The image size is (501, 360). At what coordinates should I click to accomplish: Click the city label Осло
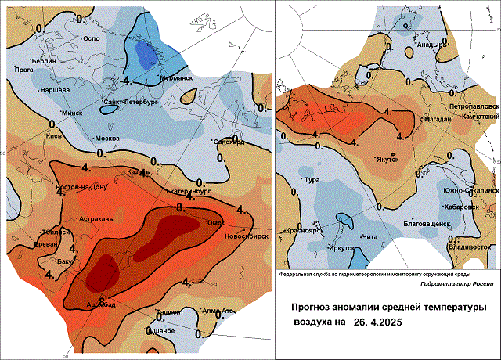(93, 38)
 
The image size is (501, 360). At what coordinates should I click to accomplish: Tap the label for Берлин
(44, 60)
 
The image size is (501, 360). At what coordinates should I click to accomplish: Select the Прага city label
(24, 70)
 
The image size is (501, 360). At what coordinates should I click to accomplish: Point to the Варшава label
(55, 89)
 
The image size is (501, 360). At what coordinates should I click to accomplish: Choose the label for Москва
(106, 139)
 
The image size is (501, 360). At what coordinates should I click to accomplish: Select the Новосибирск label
(247, 236)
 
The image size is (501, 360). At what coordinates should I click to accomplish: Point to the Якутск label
(387, 159)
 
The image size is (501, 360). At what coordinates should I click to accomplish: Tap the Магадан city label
(436, 119)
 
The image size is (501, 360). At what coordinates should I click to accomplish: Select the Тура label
(311, 180)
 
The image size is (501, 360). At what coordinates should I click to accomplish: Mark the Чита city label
(372, 236)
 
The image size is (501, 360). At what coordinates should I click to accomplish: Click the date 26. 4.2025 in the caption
(382, 321)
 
